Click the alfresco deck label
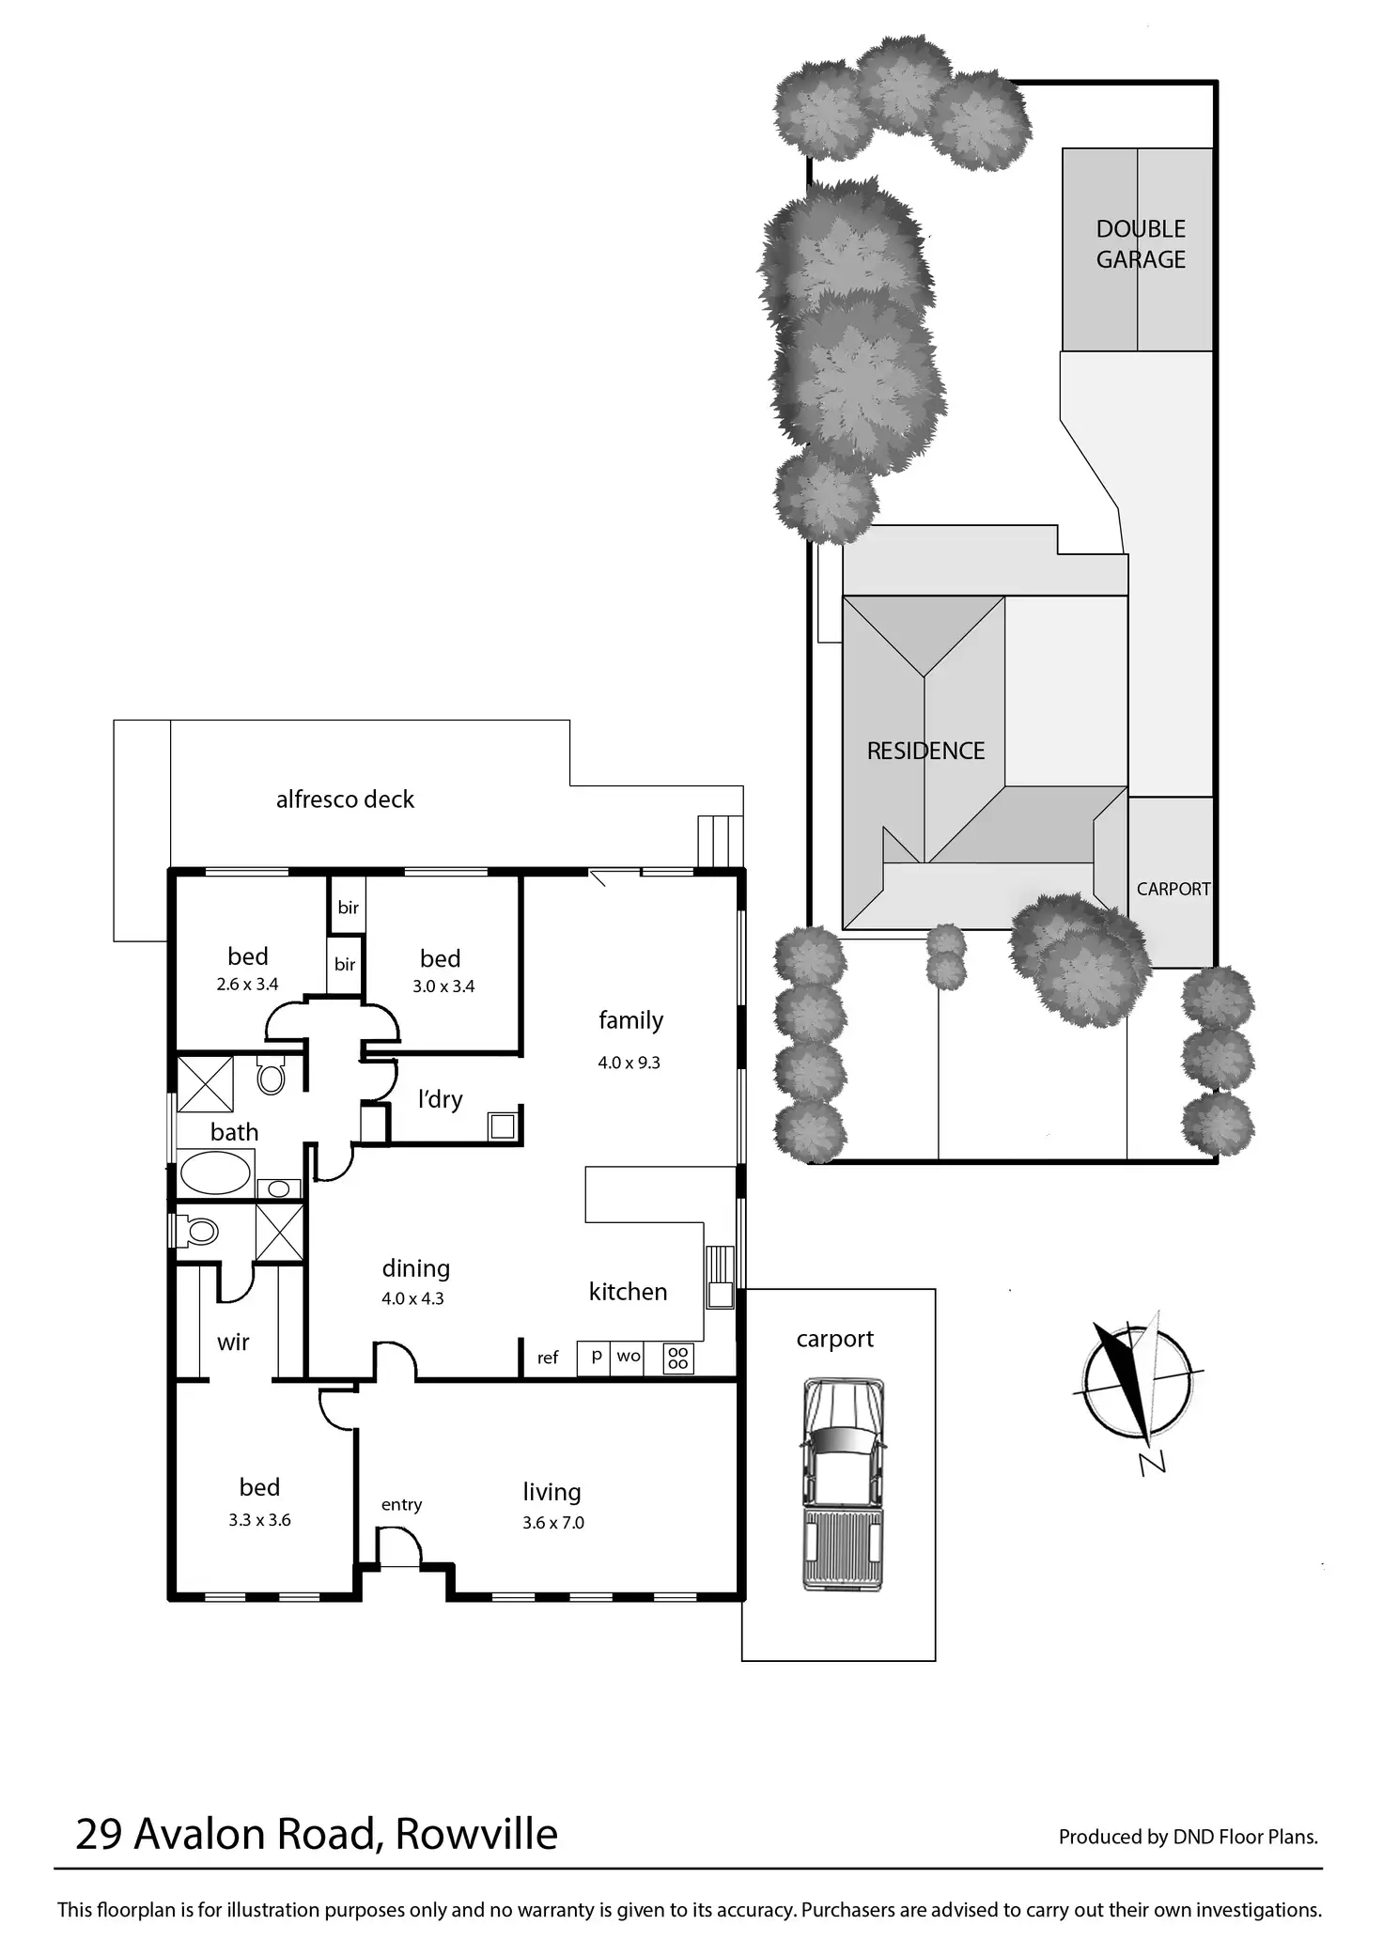click(x=345, y=799)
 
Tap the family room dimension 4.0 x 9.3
click(x=629, y=1063)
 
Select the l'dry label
click(x=441, y=1098)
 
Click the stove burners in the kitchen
click(x=678, y=1358)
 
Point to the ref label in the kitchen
click(x=548, y=1358)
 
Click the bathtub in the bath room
click(x=215, y=1172)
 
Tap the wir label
click(x=233, y=1343)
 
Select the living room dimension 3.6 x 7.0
click(x=553, y=1523)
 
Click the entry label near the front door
click(x=401, y=1504)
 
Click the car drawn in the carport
click(x=843, y=1484)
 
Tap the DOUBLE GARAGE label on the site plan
click(x=1141, y=244)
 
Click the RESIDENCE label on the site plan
click(x=925, y=751)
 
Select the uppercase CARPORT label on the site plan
click(x=1173, y=889)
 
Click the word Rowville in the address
click(x=476, y=1833)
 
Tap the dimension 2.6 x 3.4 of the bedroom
click(x=248, y=985)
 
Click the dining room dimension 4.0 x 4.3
click(x=412, y=1298)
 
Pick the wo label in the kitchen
click(x=629, y=1356)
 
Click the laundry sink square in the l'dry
click(x=503, y=1125)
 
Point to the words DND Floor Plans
click(x=1245, y=1837)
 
